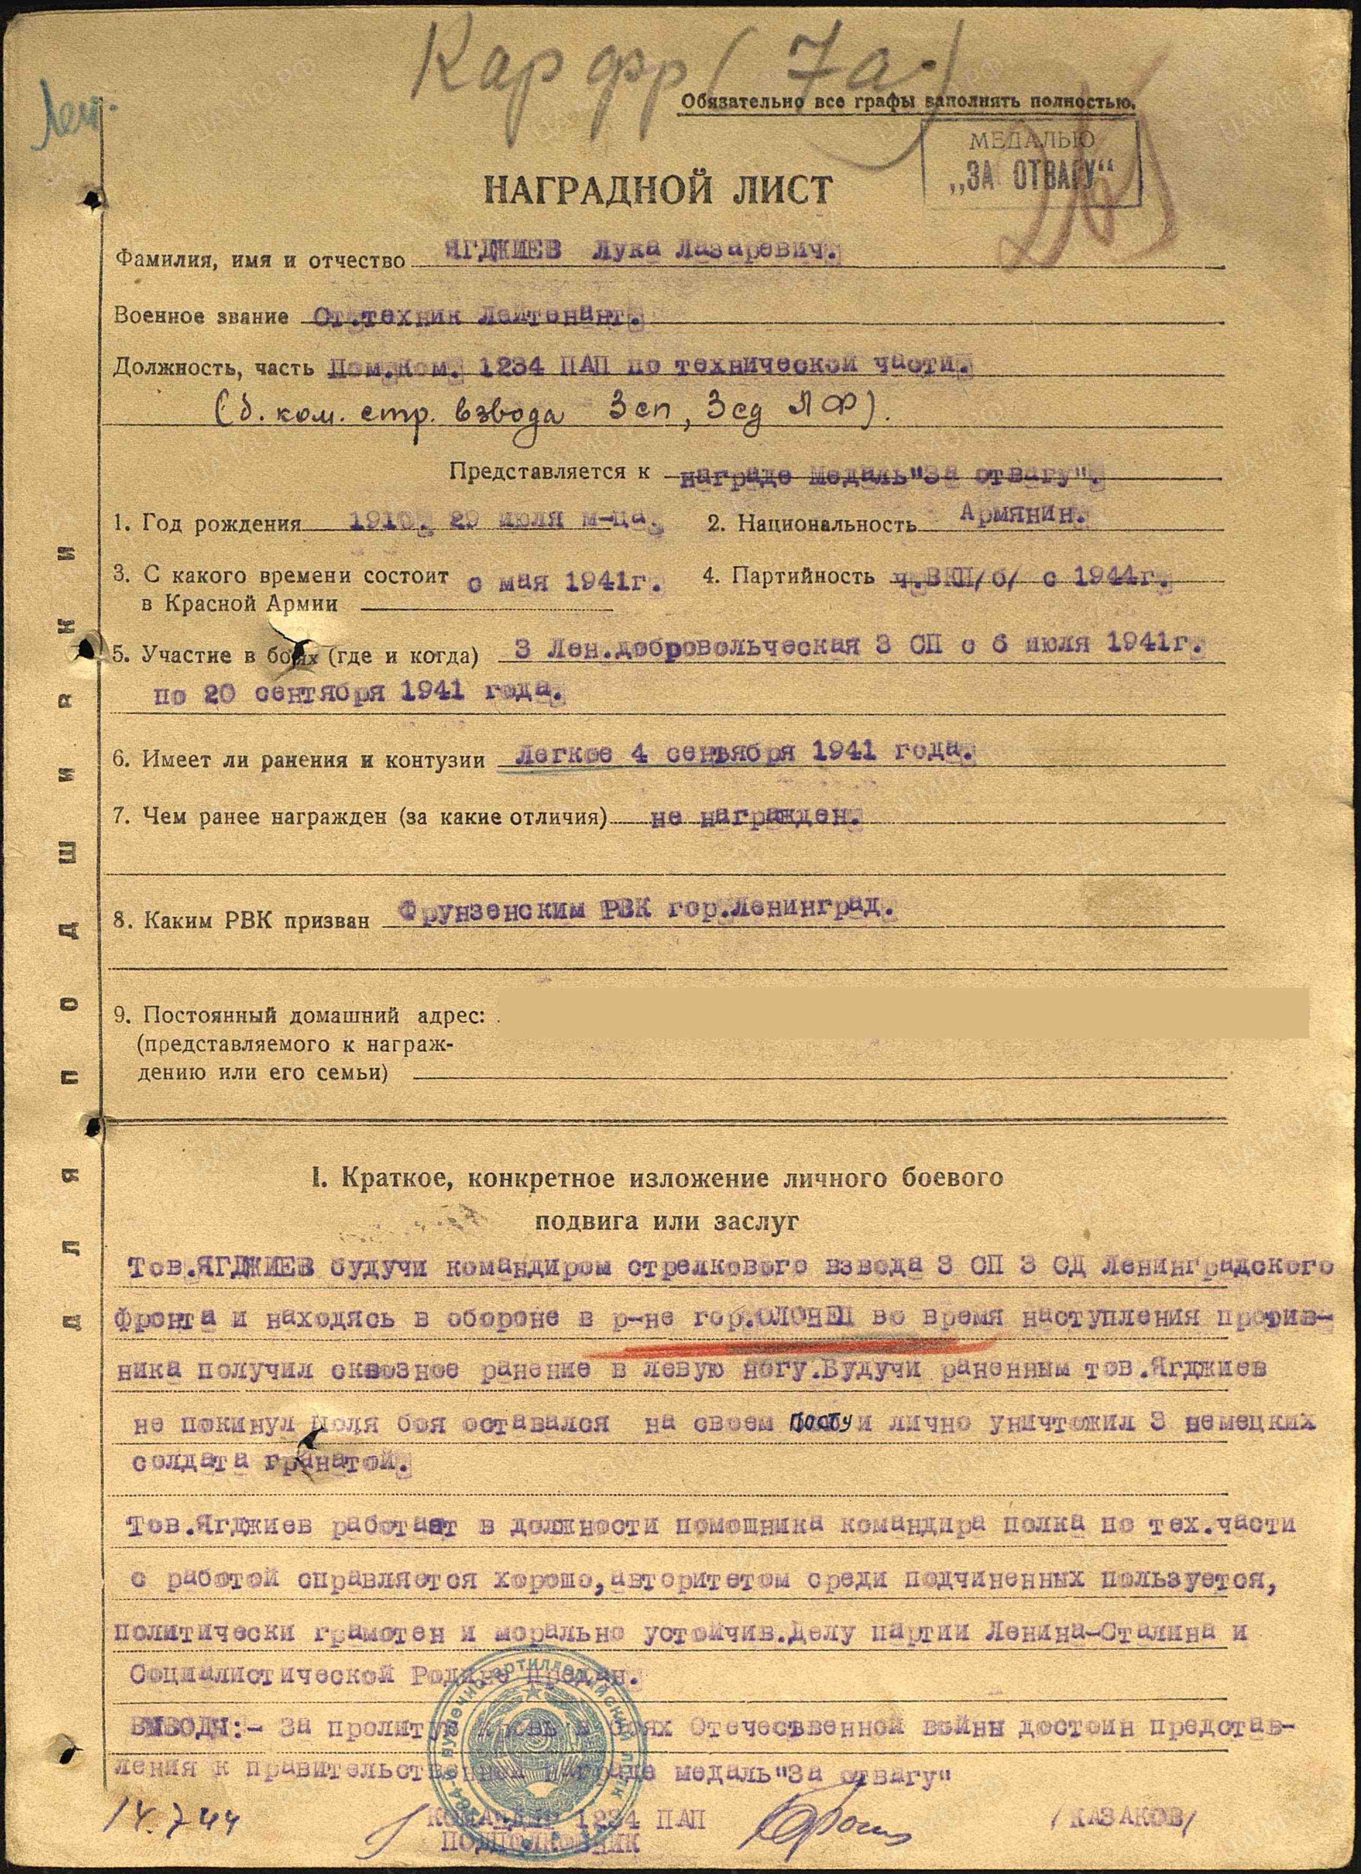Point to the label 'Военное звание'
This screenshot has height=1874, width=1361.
coord(202,316)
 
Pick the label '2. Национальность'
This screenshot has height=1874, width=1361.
coord(811,523)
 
